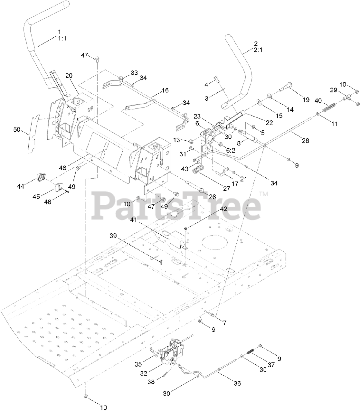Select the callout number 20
(x=69, y=76)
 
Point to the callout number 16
(x=165, y=90)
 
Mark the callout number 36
(x=237, y=383)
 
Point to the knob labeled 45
(x=59, y=187)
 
